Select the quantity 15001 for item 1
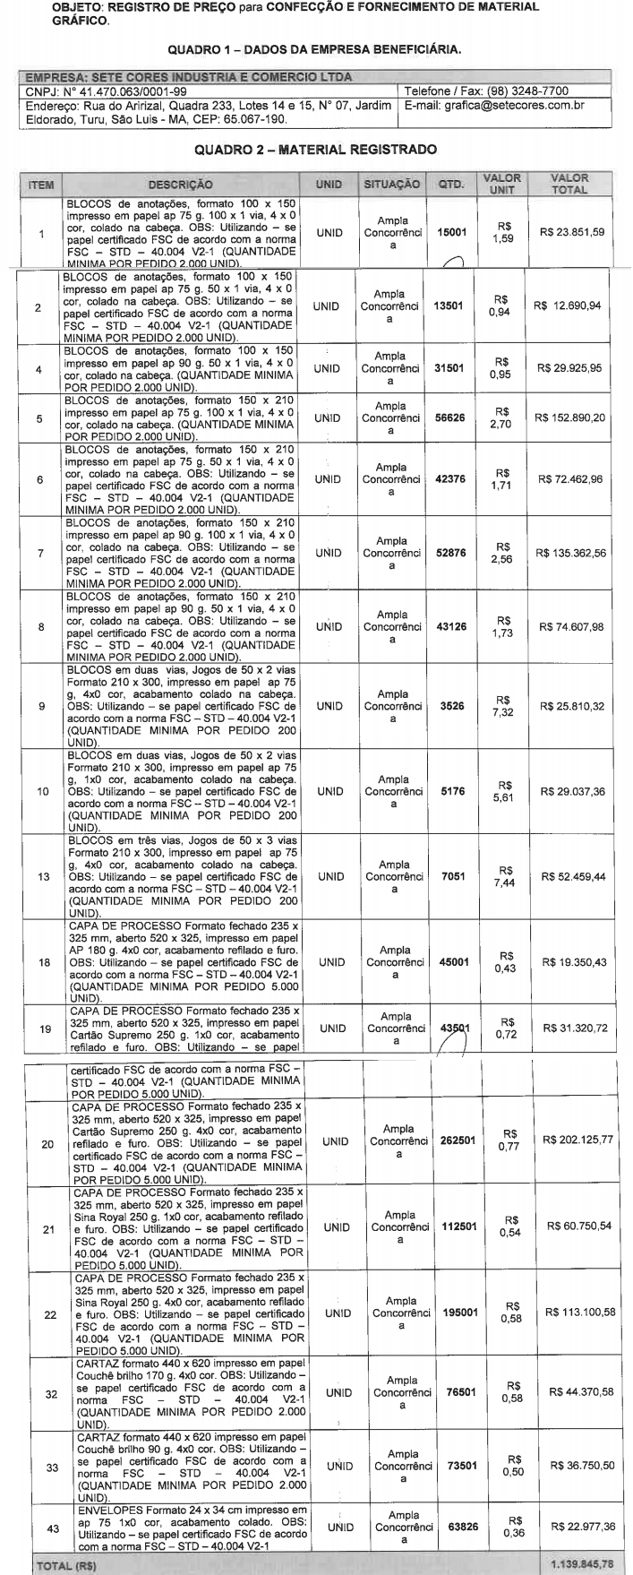449,232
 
